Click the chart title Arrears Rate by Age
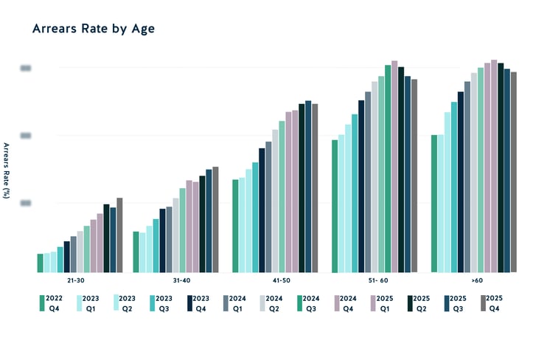93,29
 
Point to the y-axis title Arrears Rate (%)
6,170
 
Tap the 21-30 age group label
80,280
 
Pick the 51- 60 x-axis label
377,280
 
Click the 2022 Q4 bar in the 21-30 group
41,263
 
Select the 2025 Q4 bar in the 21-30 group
119,235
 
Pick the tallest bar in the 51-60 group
394,167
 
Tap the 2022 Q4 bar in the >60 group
434,204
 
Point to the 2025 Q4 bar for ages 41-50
315,188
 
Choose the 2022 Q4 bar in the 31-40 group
136,252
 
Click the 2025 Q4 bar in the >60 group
514,172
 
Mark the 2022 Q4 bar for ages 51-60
335,207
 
